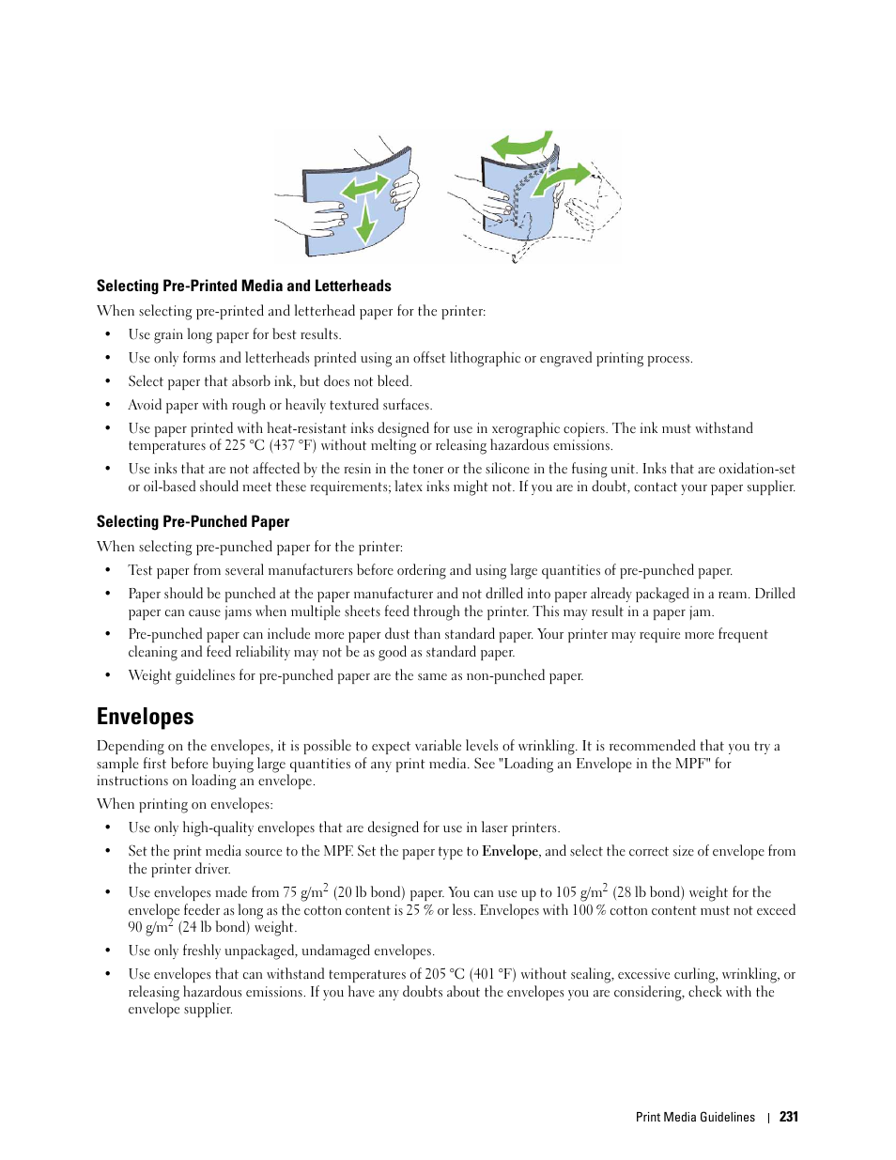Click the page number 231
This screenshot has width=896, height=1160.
click(x=788, y=1117)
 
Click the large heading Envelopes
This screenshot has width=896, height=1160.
click(x=146, y=717)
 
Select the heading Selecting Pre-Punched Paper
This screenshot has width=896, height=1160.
click(x=193, y=521)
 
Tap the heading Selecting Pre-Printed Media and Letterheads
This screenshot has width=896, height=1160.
click(x=243, y=286)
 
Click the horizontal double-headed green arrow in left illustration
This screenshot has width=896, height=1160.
click(x=364, y=187)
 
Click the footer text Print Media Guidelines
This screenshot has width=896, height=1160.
click(x=695, y=1117)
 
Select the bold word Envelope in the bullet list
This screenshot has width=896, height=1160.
click(x=510, y=851)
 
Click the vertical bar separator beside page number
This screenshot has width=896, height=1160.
click(x=768, y=1117)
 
